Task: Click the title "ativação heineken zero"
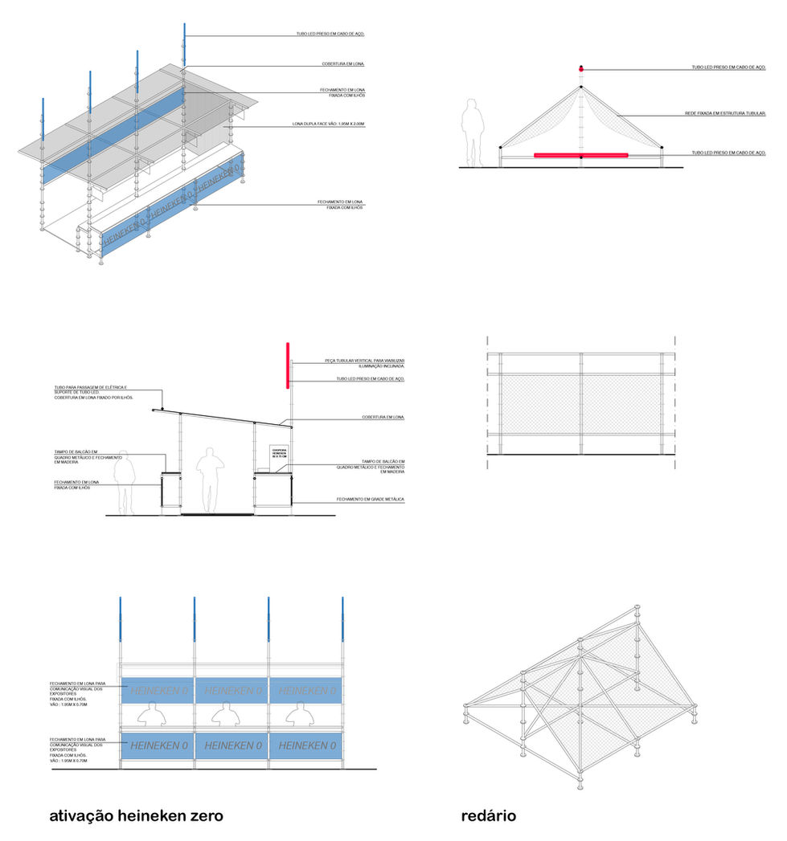coord(136,816)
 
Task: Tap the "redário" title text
coord(488,816)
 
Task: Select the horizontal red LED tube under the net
coord(580,155)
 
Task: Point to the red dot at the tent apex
coord(580,68)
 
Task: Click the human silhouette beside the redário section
coord(473,134)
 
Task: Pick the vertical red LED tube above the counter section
coord(288,365)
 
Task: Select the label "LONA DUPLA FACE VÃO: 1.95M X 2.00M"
coord(328,124)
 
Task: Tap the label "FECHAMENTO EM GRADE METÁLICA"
coord(371,500)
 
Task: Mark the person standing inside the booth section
coord(210,480)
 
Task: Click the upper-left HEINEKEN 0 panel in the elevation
coord(157,691)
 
